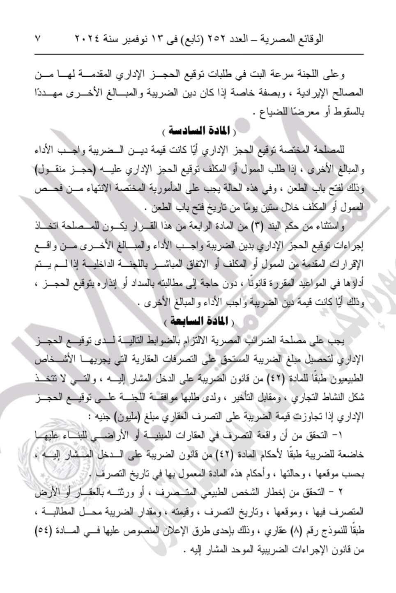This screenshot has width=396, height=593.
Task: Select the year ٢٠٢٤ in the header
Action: click(87, 39)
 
